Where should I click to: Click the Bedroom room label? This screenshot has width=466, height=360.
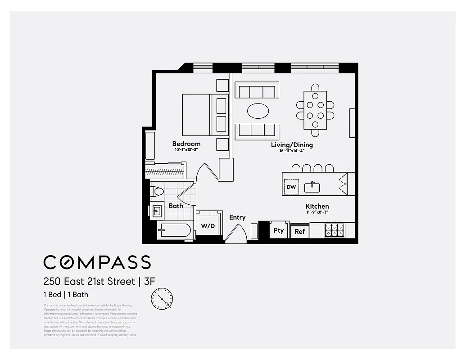tap(186, 144)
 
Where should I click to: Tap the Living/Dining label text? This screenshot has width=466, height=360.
tap(292, 145)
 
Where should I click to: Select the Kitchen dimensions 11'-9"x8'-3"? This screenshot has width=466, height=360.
tap(317, 212)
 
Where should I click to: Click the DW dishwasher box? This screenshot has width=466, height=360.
tap(291, 187)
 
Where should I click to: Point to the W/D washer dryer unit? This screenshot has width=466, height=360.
tap(208, 225)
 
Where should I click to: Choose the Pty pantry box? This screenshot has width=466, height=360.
tap(279, 230)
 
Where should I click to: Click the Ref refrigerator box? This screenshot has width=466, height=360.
tap(299, 231)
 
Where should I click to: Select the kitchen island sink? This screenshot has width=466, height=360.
tap(312, 187)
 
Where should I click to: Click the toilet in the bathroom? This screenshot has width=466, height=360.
tap(157, 191)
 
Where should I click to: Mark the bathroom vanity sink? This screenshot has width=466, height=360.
tap(156, 211)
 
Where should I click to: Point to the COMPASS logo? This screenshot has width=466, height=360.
tap(97, 262)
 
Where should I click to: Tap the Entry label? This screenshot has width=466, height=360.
tap(237, 217)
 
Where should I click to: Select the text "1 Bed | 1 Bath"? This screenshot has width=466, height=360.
tap(66, 295)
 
